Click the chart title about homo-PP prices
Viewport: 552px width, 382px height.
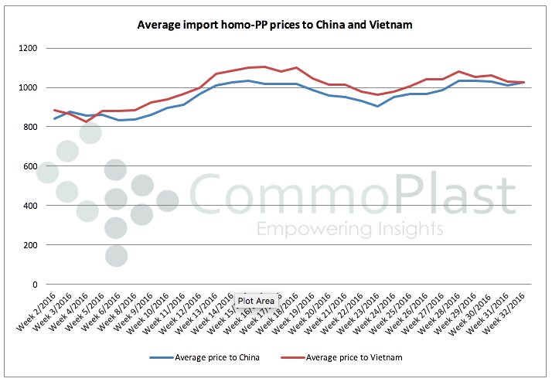[274, 25]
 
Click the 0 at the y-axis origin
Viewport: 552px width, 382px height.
[34, 285]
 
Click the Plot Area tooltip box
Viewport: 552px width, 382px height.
[256, 301]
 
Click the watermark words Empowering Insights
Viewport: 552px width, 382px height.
[349, 229]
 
